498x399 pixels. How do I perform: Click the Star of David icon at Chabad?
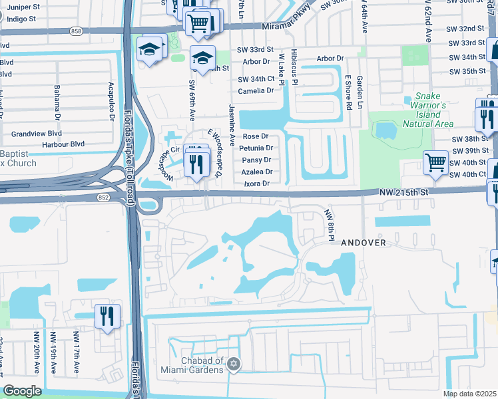pyautogui.click(x=233, y=364)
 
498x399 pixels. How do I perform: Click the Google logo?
pyautogui.click(x=22, y=391)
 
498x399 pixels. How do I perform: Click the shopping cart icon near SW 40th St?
pyautogui.click(x=435, y=162)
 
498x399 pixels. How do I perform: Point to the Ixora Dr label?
pyautogui.click(x=257, y=184)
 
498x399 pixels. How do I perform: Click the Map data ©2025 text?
pyautogui.click(x=469, y=394)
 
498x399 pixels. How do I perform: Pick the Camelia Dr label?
pyautogui.click(x=256, y=90)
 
